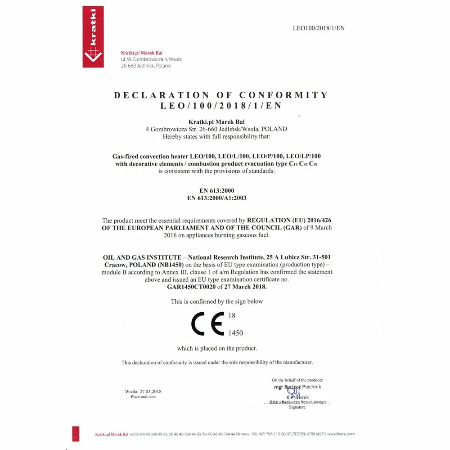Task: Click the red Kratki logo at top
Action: [x=93, y=37]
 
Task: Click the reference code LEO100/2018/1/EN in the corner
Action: [x=319, y=28]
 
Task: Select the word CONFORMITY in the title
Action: [x=283, y=95]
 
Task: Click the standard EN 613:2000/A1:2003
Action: [x=216, y=198]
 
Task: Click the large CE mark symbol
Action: [x=207, y=323]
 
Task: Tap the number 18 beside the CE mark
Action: [x=232, y=316]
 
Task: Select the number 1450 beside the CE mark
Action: [x=236, y=333]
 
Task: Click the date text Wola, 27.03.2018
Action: [x=143, y=391]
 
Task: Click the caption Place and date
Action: [x=143, y=397]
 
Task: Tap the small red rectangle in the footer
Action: [x=76, y=433]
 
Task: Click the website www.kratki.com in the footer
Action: [x=341, y=434]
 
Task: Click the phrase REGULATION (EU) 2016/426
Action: [x=289, y=220]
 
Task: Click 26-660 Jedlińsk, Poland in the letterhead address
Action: [x=146, y=66]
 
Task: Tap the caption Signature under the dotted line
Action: [x=297, y=407]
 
